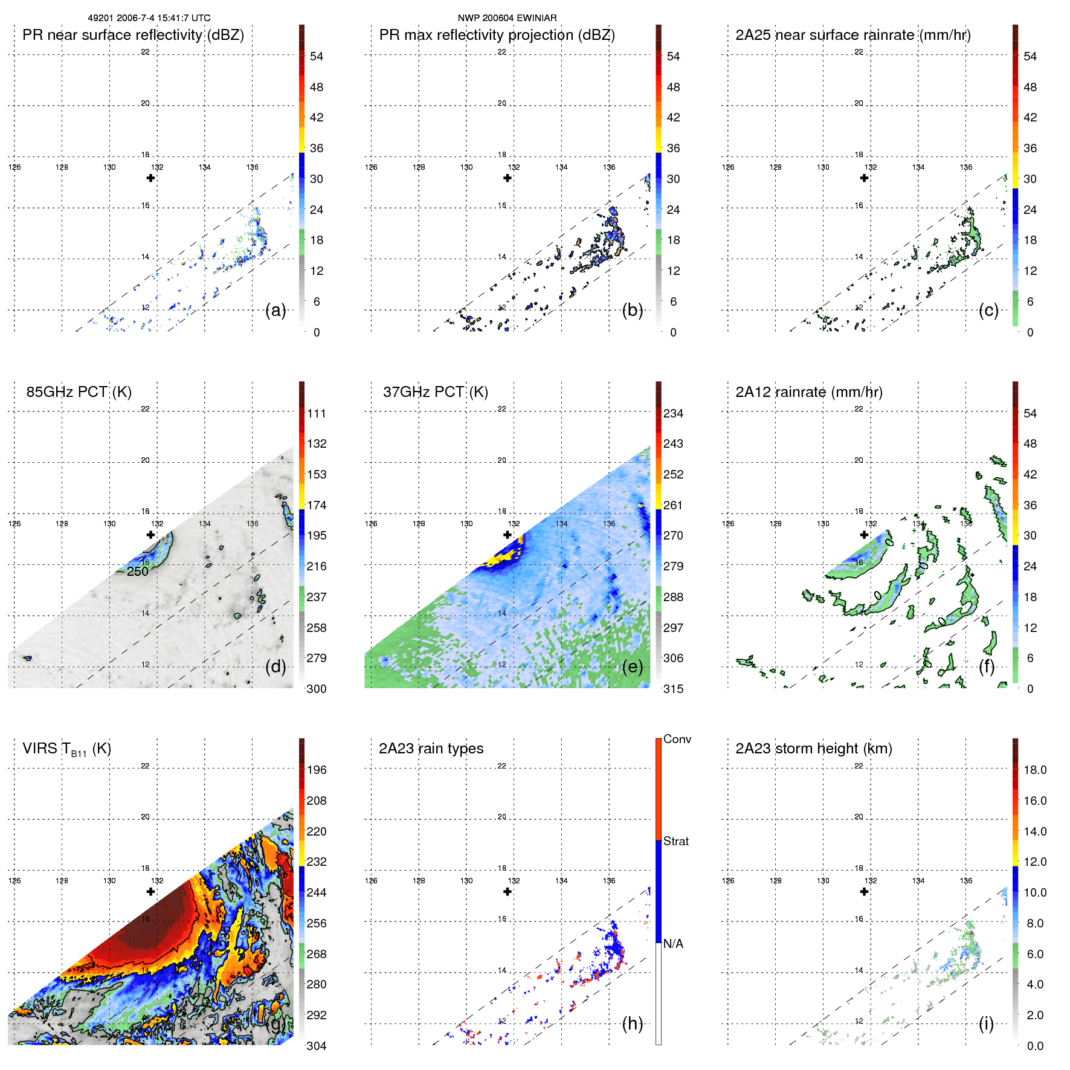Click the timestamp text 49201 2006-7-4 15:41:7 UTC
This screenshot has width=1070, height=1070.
[x=149, y=18]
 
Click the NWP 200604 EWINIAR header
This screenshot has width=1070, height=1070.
[x=507, y=18]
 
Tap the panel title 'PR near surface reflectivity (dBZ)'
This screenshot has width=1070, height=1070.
[x=133, y=35]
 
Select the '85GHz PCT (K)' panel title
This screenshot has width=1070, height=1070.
[x=79, y=392]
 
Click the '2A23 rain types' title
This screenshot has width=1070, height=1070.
[x=431, y=749]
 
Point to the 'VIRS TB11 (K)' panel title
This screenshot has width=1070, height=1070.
[x=66, y=749]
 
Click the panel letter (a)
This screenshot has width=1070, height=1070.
[x=276, y=311]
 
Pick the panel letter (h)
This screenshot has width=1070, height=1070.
[x=632, y=1023]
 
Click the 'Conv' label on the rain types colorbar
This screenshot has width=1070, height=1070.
[x=677, y=739]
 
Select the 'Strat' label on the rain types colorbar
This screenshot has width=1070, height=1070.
[x=676, y=841]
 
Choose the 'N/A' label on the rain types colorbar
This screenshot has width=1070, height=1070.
[x=673, y=944]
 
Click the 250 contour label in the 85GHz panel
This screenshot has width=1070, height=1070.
[x=138, y=572]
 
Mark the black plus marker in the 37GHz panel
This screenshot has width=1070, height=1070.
[x=508, y=535]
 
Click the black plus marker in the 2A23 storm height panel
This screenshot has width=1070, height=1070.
[x=864, y=891]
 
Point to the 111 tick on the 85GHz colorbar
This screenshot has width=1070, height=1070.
[x=317, y=413]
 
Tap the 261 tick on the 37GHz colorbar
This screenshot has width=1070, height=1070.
[x=673, y=505]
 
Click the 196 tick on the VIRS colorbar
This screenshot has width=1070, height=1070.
[x=317, y=770]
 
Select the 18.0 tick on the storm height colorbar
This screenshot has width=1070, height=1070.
[x=1035, y=770]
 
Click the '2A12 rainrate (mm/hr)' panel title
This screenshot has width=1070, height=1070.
[x=809, y=392]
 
